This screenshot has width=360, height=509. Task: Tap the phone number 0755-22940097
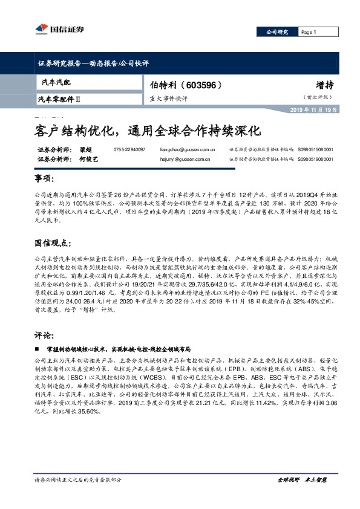click(x=129, y=149)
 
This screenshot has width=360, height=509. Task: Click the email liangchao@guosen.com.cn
click(x=185, y=149)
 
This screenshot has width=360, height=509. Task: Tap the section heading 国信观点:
click(x=51, y=242)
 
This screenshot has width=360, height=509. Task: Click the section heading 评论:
click(x=44, y=335)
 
